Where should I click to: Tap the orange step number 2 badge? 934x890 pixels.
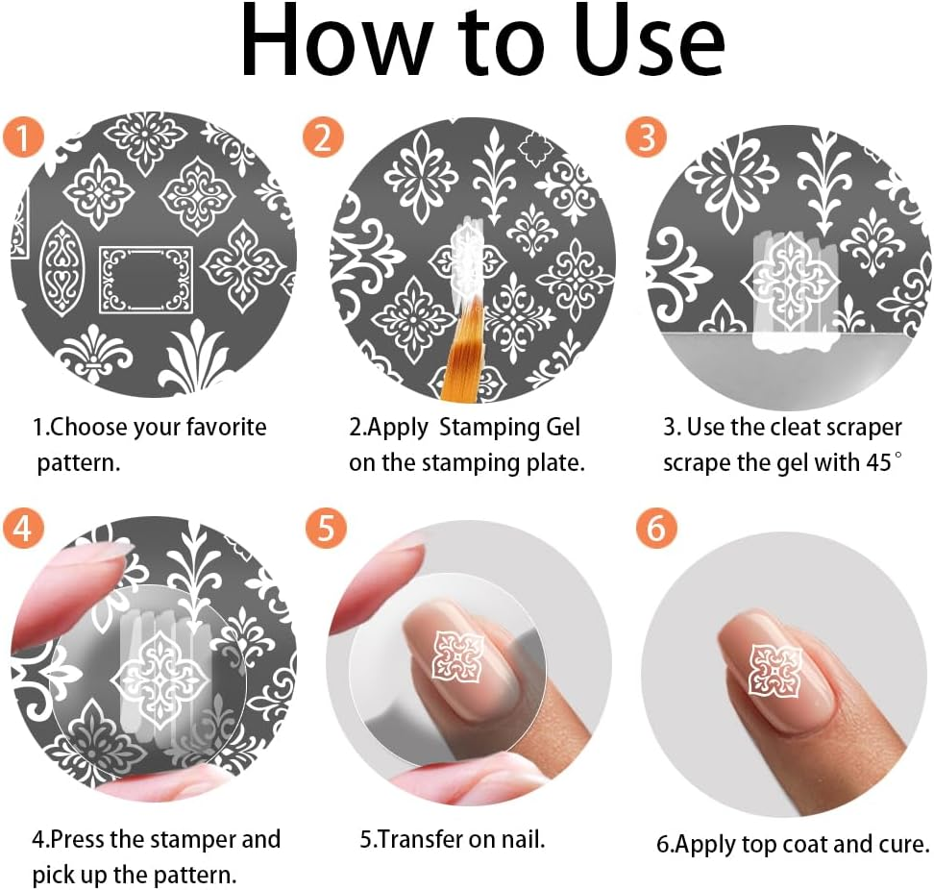click(322, 137)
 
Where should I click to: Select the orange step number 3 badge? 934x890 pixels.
click(646, 137)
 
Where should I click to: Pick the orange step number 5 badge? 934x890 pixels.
click(325, 530)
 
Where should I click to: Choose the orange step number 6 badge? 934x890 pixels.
click(656, 530)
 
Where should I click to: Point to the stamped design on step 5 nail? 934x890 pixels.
click(457, 656)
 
